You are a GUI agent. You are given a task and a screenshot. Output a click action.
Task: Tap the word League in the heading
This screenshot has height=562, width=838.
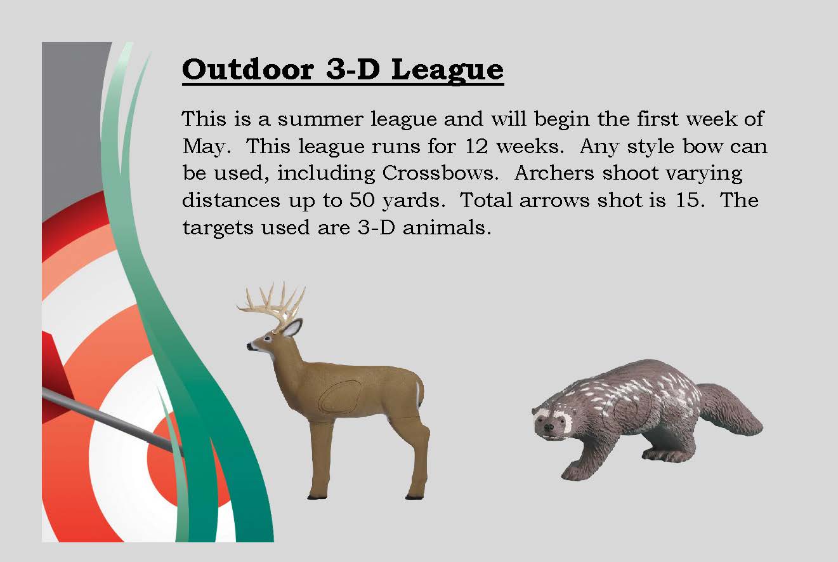[x=447, y=69]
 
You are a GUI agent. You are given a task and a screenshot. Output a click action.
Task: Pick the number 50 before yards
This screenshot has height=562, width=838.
[x=365, y=200]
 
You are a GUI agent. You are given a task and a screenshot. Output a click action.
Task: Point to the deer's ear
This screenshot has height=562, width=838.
[x=292, y=328]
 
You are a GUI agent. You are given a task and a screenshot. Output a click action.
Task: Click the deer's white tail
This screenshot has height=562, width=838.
[x=418, y=391]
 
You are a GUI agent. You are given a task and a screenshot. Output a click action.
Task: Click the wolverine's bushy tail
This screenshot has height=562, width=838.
[x=736, y=410]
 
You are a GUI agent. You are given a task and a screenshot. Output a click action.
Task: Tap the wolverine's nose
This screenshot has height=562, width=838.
[x=549, y=428]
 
